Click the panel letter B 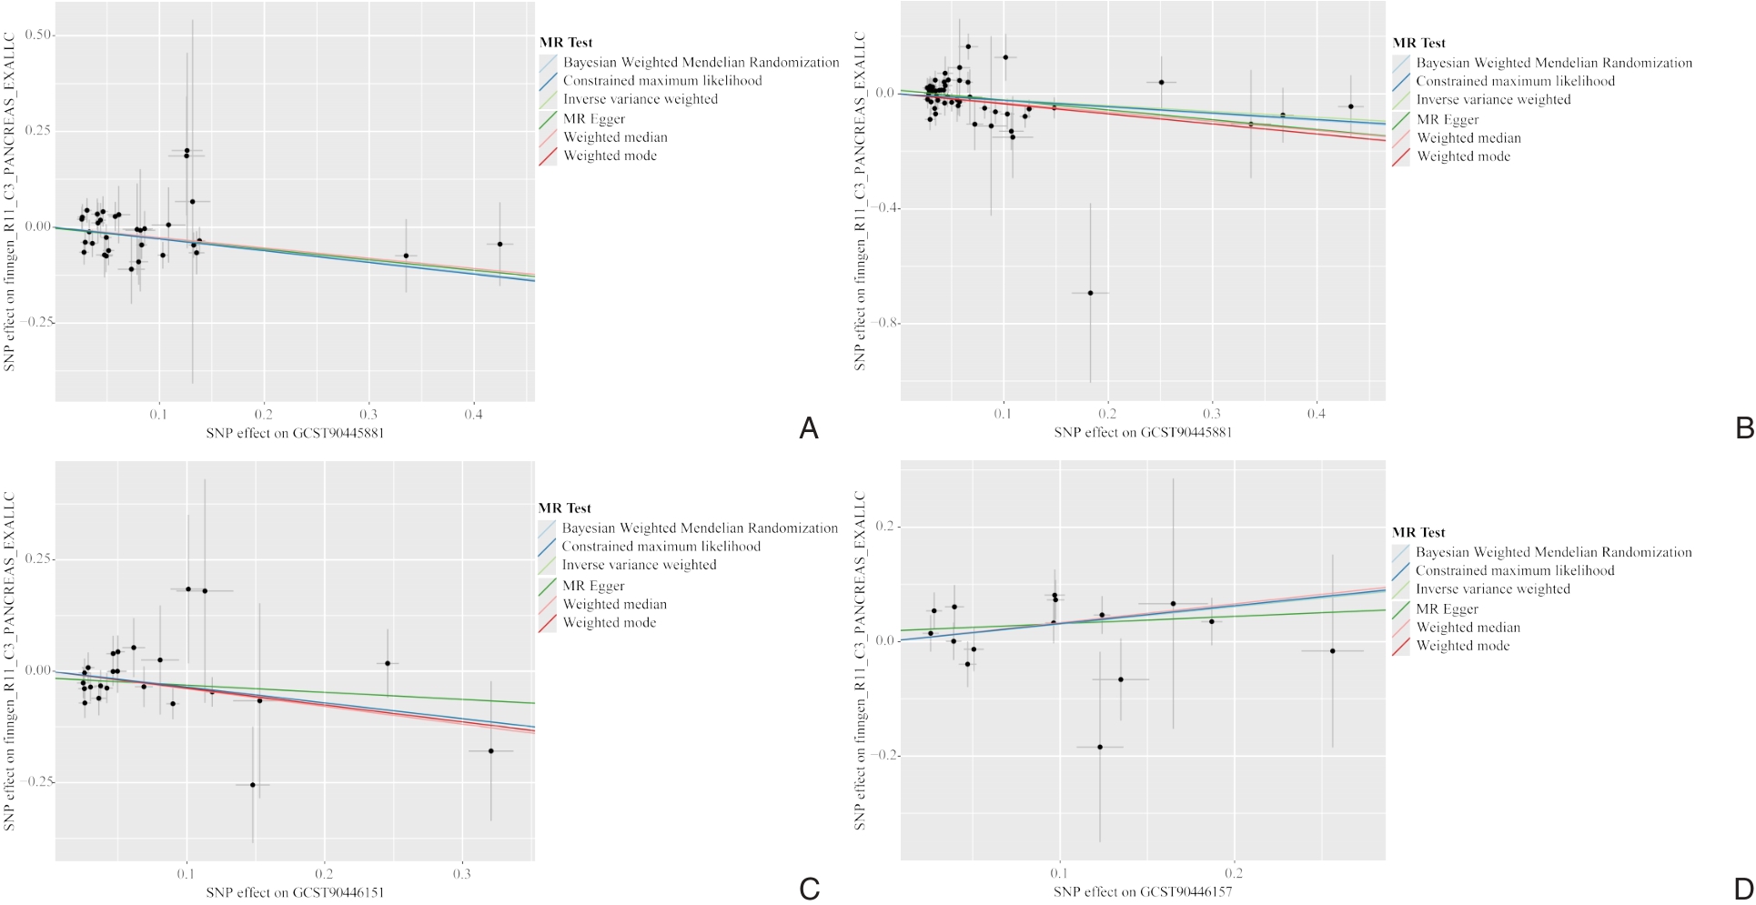coord(1744,428)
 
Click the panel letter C coord(809,889)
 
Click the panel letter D coord(1744,889)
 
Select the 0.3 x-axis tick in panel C coord(462,874)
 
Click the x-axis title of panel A coord(295,433)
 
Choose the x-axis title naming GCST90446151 coord(295,892)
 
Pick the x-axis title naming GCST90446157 coord(1143,892)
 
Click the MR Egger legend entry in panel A coord(593,119)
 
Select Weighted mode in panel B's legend coord(1463,156)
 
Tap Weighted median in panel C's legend coord(614,604)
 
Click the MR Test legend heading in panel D coord(1418,533)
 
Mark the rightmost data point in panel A coord(500,244)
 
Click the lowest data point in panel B coord(1090,293)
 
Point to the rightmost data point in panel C coord(491,750)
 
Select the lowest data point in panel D coord(1100,747)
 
